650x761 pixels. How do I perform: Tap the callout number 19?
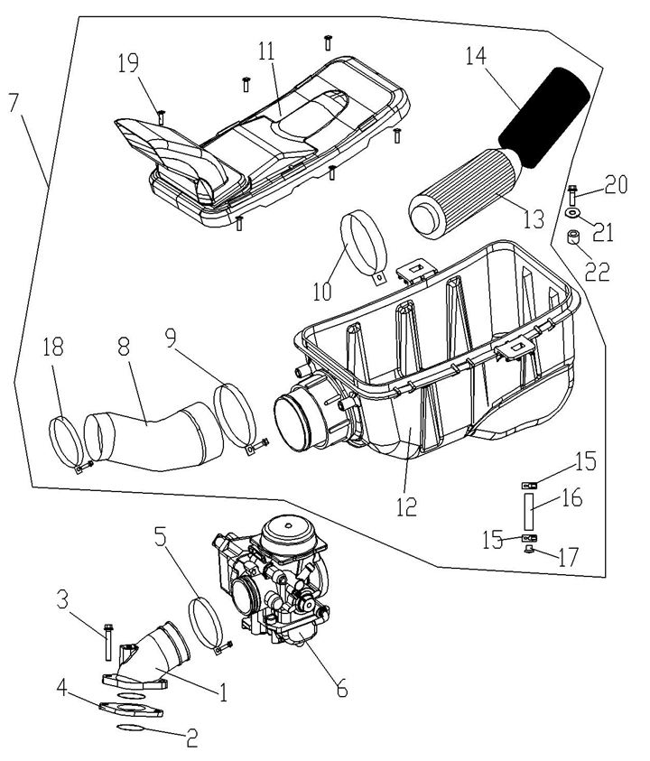click(128, 62)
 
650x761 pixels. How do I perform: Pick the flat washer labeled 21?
click(573, 213)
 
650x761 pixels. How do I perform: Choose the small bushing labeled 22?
click(572, 240)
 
